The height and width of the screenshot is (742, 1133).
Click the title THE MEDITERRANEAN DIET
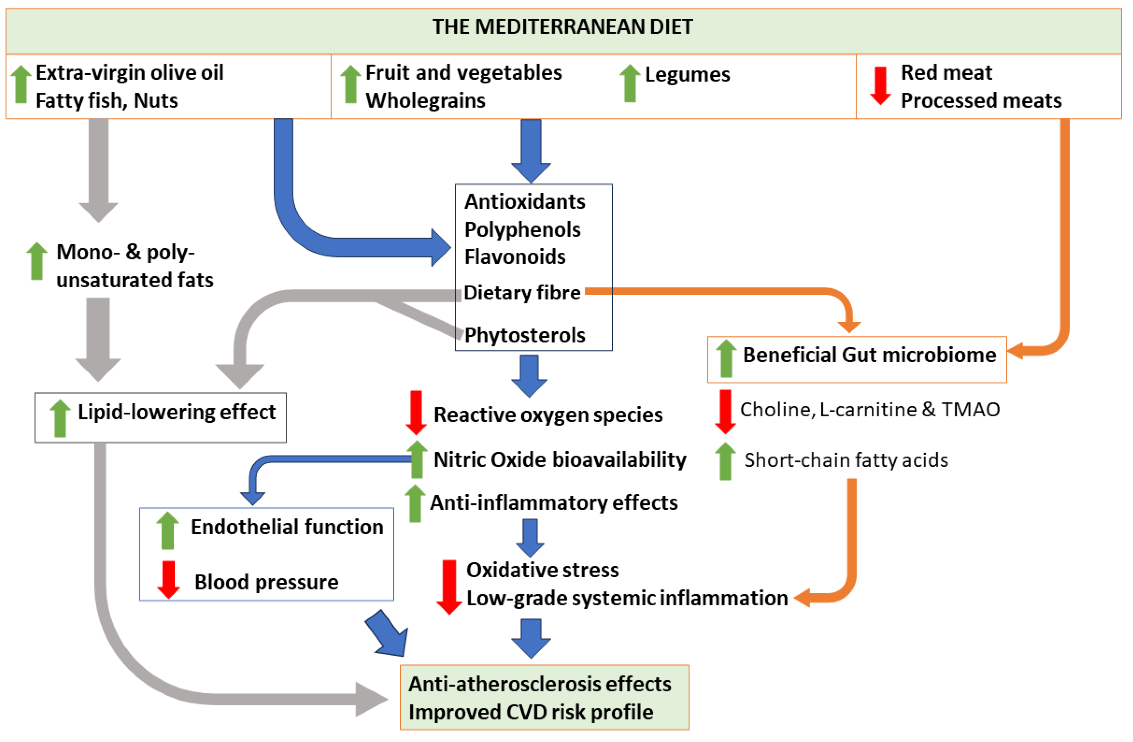563,27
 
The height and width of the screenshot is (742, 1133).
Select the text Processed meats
981,100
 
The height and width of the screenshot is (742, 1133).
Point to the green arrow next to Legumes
629,83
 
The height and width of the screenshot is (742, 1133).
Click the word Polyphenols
522,230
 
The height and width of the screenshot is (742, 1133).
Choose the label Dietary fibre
522,292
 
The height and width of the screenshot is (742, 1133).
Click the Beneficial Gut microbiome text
869,355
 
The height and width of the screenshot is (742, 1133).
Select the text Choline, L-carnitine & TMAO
870,410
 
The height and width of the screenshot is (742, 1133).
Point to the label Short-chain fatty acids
846,460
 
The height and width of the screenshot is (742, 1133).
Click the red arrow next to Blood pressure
168,579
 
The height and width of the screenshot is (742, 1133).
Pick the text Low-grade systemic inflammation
627,598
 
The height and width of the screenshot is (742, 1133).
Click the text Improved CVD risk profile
531,712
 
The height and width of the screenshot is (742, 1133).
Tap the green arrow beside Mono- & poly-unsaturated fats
37,261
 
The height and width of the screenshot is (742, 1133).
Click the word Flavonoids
515,257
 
